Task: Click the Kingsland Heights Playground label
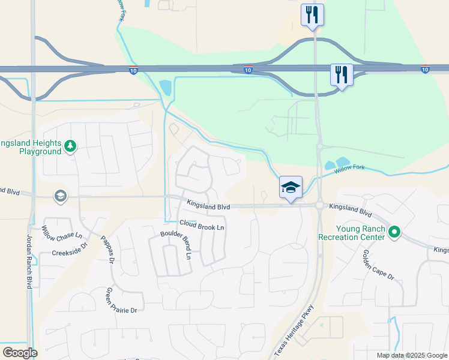click(31, 148)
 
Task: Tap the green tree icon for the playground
click(70, 146)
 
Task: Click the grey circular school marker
click(60, 196)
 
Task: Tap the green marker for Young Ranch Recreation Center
click(394, 231)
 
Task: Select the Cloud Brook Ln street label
click(201, 227)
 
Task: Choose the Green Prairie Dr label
click(122, 302)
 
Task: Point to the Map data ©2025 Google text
click(412, 355)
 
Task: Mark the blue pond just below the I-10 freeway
click(165, 89)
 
